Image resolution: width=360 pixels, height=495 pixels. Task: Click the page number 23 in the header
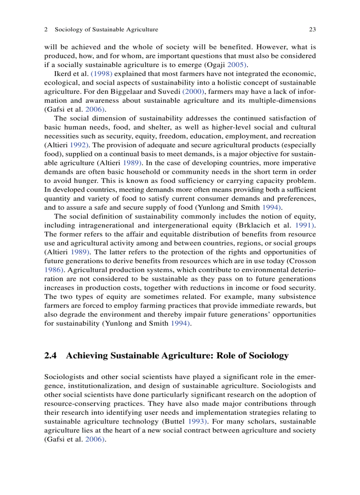click(x=312, y=30)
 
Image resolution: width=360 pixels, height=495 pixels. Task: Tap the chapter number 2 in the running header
click(x=46, y=30)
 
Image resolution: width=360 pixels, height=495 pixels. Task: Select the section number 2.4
click(x=51, y=356)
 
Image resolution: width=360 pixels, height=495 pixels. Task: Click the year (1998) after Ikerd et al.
click(x=101, y=73)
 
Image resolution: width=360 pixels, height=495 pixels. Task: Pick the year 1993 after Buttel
click(x=197, y=421)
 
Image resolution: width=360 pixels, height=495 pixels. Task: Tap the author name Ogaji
click(x=211, y=65)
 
